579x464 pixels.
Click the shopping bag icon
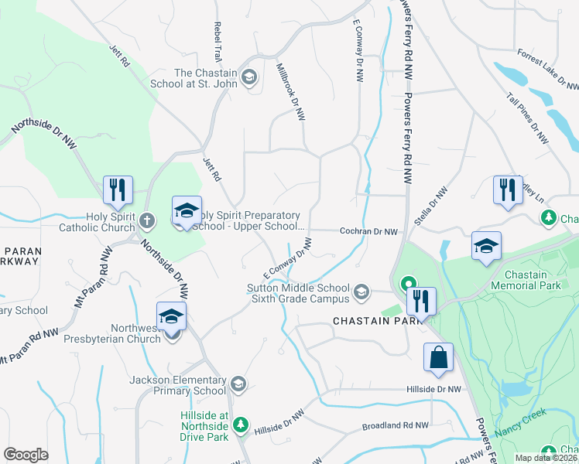(438, 358)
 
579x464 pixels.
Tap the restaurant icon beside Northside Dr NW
(118, 189)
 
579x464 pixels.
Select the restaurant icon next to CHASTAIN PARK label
(421, 301)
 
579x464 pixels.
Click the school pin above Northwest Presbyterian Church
(171, 316)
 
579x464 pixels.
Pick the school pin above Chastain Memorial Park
(485, 246)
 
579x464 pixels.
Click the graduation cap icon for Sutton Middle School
(361, 292)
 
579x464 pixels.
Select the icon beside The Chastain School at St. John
(249, 77)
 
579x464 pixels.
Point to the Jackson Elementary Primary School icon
(239, 384)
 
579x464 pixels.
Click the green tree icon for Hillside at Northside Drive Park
(241, 424)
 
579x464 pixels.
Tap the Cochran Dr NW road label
(369, 231)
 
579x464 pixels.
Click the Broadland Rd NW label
(395, 426)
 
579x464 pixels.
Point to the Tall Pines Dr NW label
(528, 118)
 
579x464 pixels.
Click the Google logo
(26, 455)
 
